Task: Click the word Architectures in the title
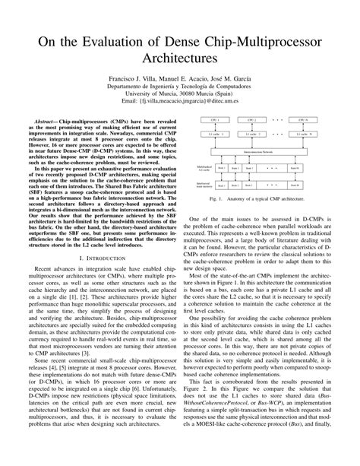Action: (x=180, y=57)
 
